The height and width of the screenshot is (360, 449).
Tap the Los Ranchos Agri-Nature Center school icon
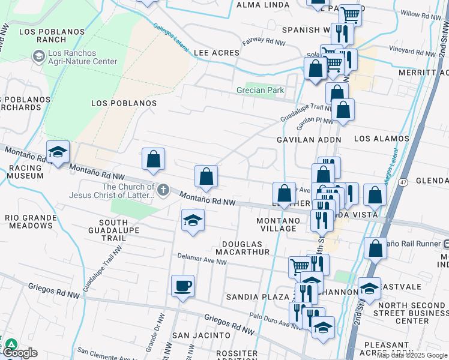39,56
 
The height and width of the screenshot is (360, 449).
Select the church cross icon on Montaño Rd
163,191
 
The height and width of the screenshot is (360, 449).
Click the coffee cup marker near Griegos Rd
182,286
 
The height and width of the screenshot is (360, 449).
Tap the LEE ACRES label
217,53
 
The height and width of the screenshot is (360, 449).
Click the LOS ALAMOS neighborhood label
381,139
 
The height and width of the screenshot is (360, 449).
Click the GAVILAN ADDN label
309,139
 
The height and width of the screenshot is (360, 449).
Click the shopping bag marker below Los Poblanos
154,159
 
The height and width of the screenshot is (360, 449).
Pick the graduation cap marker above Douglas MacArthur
193,220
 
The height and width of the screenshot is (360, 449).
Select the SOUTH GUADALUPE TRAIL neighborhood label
114,229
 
